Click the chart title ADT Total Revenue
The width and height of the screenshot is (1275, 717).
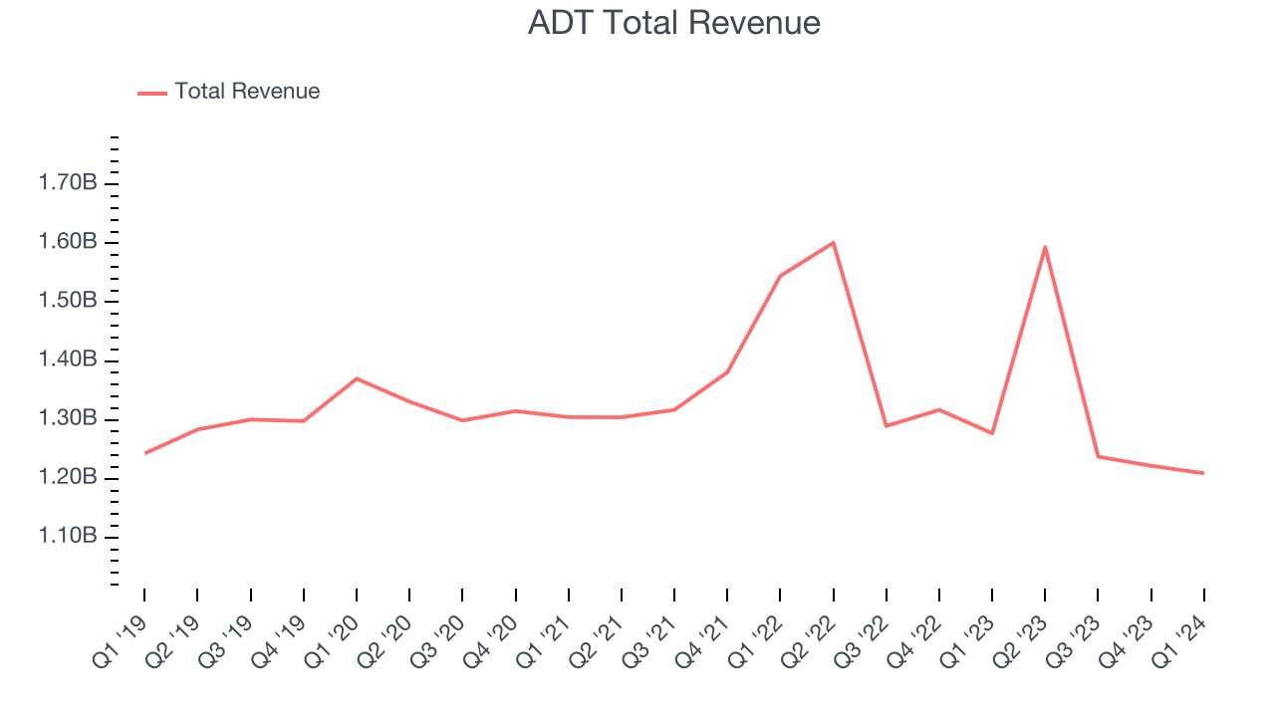click(x=674, y=23)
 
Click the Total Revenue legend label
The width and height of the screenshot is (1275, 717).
click(x=247, y=92)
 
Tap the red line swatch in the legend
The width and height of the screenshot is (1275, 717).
click(x=152, y=93)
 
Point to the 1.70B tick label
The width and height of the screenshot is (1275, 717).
click(x=67, y=183)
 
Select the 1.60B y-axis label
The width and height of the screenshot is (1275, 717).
click(x=67, y=242)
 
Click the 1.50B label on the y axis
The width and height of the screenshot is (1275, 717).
click(x=67, y=301)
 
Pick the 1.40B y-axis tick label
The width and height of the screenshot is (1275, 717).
click(x=67, y=359)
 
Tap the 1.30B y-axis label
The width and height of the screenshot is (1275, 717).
click(x=67, y=418)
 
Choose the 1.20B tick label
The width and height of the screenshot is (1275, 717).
click(x=67, y=477)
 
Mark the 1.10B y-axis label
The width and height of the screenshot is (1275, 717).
click(x=67, y=536)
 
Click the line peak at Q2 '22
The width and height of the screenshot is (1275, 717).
click(x=833, y=242)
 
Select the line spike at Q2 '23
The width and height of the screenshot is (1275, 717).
click(x=1045, y=246)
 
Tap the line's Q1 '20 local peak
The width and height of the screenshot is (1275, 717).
click(x=357, y=378)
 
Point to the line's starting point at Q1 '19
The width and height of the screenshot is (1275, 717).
click(x=144, y=453)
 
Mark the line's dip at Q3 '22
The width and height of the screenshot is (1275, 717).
click(x=886, y=426)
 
